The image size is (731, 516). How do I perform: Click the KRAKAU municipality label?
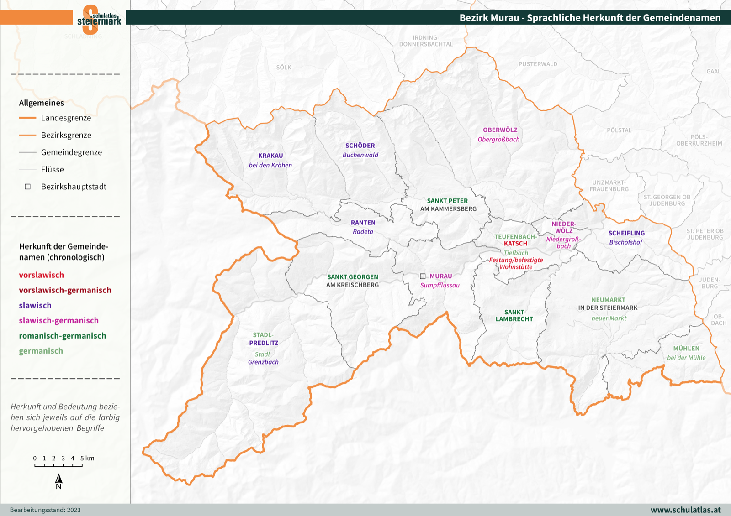click(270, 156)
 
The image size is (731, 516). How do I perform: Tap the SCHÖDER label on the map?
click(360, 146)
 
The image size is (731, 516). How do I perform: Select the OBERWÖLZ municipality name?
click(500, 130)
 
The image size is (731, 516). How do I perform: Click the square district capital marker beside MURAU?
click(423, 276)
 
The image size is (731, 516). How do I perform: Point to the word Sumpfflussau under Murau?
click(440, 285)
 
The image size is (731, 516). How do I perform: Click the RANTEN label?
click(363, 223)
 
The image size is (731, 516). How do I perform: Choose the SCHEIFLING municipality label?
click(626, 233)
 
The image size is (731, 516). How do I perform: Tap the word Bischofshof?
click(625, 242)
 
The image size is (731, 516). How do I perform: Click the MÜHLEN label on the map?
click(686, 348)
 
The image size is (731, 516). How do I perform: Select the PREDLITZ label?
click(264, 343)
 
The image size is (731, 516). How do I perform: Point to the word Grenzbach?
click(263, 362)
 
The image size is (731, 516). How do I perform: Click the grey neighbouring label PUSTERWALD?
click(538, 64)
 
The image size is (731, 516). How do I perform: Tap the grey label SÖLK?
click(283, 68)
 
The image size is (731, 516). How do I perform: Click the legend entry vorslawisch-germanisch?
click(65, 290)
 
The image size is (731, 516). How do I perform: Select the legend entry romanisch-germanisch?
click(62, 336)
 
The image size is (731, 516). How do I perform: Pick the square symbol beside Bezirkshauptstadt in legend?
click(27, 187)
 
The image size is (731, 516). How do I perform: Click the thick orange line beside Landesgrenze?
click(27, 118)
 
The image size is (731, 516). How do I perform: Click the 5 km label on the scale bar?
click(87, 458)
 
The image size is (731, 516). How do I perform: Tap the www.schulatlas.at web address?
click(685, 510)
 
